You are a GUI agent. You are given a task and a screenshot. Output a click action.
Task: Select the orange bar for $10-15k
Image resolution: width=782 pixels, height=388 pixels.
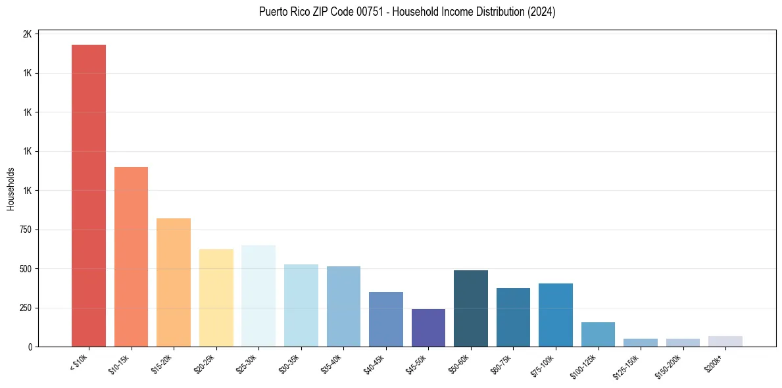tap(131, 256)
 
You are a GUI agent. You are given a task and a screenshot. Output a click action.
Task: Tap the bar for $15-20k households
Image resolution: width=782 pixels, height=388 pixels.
tap(174, 282)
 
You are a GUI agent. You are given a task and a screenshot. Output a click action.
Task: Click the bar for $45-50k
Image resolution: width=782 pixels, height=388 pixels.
tap(428, 327)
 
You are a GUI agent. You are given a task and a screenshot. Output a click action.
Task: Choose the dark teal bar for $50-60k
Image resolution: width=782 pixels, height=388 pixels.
tap(471, 308)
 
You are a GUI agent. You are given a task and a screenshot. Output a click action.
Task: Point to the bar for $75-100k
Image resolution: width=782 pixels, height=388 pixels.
tap(556, 315)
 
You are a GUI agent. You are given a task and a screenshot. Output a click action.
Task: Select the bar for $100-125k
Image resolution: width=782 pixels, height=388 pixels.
tap(598, 334)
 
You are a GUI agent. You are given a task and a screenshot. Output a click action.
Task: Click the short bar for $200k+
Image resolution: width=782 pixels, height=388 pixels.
tap(725, 341)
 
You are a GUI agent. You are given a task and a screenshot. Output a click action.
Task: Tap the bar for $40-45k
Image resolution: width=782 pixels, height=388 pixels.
tap(386, 319)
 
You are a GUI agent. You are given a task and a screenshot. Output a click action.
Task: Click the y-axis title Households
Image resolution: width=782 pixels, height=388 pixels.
tap(11, 189)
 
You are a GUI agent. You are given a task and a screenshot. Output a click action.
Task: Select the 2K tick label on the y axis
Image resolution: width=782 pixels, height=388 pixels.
tap(28, 34)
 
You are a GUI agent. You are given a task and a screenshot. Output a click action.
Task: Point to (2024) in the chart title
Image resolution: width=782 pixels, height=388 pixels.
tap(541, 12)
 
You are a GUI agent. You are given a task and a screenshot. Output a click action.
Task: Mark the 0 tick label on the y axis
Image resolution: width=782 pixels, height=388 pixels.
tap(30, 347)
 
